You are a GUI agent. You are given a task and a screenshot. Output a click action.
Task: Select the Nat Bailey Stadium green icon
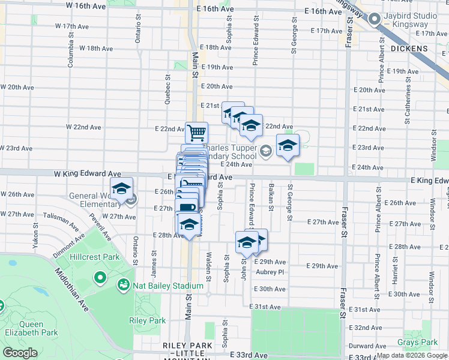tap(124, 284)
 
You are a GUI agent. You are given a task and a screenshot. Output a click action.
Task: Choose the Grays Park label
tap(417, 343)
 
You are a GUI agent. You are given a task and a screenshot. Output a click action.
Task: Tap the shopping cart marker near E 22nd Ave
tap(196, 132)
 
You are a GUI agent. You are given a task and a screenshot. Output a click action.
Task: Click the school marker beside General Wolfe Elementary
tap(121, 188)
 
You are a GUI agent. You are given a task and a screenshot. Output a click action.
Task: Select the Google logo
tap(20, 353)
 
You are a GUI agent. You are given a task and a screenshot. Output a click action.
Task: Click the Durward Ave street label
tap(367, 346)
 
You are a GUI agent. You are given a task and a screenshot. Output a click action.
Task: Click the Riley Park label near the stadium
tap(147, 321)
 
